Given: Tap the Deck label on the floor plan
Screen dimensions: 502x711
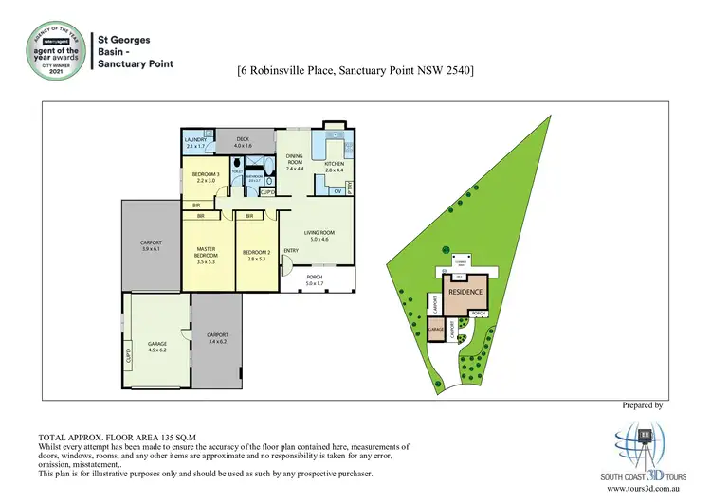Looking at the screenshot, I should [242, 140].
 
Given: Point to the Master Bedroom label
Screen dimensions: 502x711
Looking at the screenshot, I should [207, 252].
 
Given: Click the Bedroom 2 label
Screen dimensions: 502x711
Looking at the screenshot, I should [257, 252].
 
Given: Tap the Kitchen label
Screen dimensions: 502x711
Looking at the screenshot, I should [335, 164].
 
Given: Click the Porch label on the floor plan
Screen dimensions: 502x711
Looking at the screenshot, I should [314, 278].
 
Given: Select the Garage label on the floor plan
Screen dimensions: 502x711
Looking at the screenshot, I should [156, 344].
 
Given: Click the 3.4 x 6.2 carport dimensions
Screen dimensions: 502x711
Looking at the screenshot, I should [217, 341].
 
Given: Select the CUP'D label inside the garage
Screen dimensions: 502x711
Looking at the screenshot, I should [129, 357].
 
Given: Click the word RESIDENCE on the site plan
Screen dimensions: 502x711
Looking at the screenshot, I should [465, 294].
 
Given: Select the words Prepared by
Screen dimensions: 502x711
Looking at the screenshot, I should [642, 404].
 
